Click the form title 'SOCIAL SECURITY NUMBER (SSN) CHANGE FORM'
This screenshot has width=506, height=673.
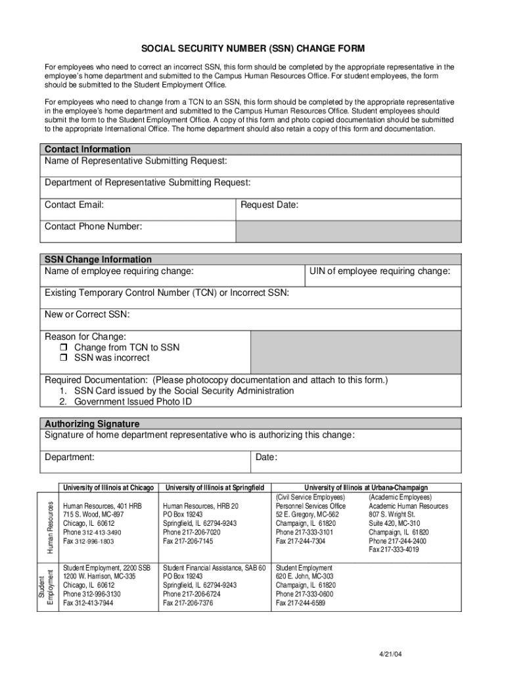(252, 49)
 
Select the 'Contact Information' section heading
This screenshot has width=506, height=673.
(87, 149)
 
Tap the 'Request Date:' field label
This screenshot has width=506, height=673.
(269, 205)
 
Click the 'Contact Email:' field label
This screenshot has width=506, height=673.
(74, 205)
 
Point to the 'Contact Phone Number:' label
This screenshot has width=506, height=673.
(93, 227)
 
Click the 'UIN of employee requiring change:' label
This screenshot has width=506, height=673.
(380, 271)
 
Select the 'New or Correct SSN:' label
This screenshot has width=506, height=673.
(87, 315)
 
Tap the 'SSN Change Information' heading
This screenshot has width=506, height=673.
(98, 260)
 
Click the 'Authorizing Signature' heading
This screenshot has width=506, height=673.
(91, 424)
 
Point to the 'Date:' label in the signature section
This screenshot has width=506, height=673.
(266, 457)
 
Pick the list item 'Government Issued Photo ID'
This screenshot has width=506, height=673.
(133, 402)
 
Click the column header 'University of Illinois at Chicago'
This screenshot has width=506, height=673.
(108, 488)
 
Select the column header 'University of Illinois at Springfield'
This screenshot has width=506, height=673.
(215, 488)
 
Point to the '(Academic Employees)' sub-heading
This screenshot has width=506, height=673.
(400, 498)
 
